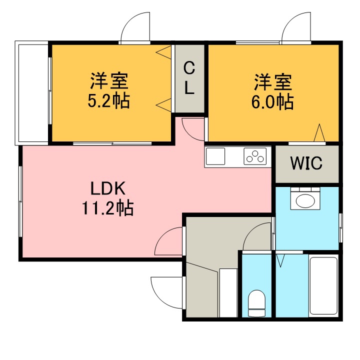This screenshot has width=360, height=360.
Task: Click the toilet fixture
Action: pyautogui.click(x=256, y=303)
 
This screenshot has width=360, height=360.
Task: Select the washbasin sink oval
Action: pyautogui.click(x=305, y=201)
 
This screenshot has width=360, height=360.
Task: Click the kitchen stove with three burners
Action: pyautogui.click(x=255, y=156)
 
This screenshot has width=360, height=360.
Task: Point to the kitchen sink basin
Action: pyautogui.click(x=215, y=156)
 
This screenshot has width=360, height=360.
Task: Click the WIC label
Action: pyautogui.click(x=306, y=163)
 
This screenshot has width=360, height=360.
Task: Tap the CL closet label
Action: pyautogui.click(x=189, y=78)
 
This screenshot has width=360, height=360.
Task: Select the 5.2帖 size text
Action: pyautogui.click(x=109, y=100)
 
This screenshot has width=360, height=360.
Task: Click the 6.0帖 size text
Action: pyautogui.click(x=272, y=101)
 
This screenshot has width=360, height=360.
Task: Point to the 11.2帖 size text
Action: pyautogui.click(x=108, y=207)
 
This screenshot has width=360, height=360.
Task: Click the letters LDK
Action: pyautogui.click(x=108, y=188)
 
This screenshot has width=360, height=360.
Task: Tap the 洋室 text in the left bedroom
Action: pyautogui.click(x=109, y=81)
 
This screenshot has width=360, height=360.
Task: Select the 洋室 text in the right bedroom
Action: pyautogui.click(x=273, y=82)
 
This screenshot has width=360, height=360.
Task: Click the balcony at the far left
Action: pyautogui.click(x=31, y=93)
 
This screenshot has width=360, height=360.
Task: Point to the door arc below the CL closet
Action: pyautogui.click(x=188, y=133)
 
